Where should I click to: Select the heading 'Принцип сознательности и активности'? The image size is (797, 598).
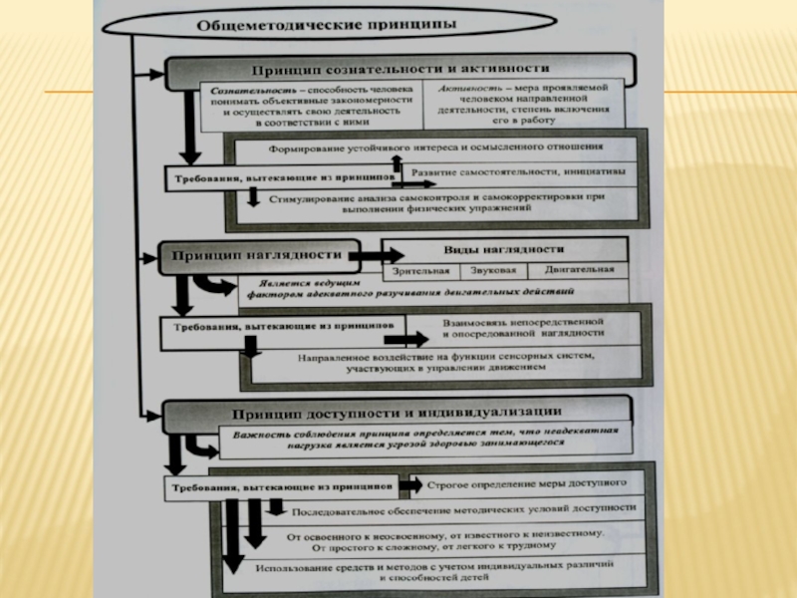[398, 70]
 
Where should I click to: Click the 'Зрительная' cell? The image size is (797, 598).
[422, 270]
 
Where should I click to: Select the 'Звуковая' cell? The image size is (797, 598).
[494, 270]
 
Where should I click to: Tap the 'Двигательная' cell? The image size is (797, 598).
[579, 270]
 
